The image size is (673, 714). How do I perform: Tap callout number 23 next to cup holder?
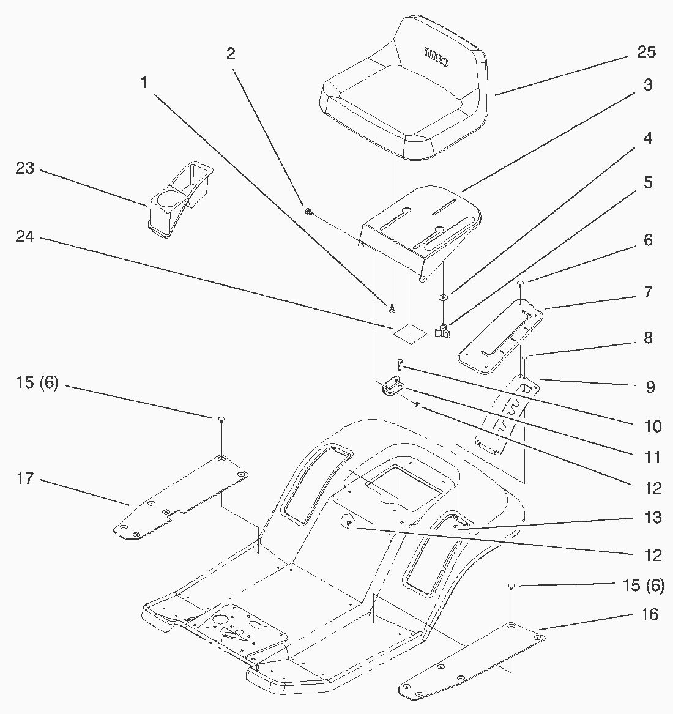click(24, 168)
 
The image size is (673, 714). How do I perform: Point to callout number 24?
click(24, 237)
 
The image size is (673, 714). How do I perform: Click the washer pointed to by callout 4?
click(442, 297)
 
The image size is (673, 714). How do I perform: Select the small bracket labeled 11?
click(392, 389)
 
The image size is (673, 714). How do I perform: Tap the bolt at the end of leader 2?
click(309, 212)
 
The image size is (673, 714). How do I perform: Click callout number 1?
click(144, 82)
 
